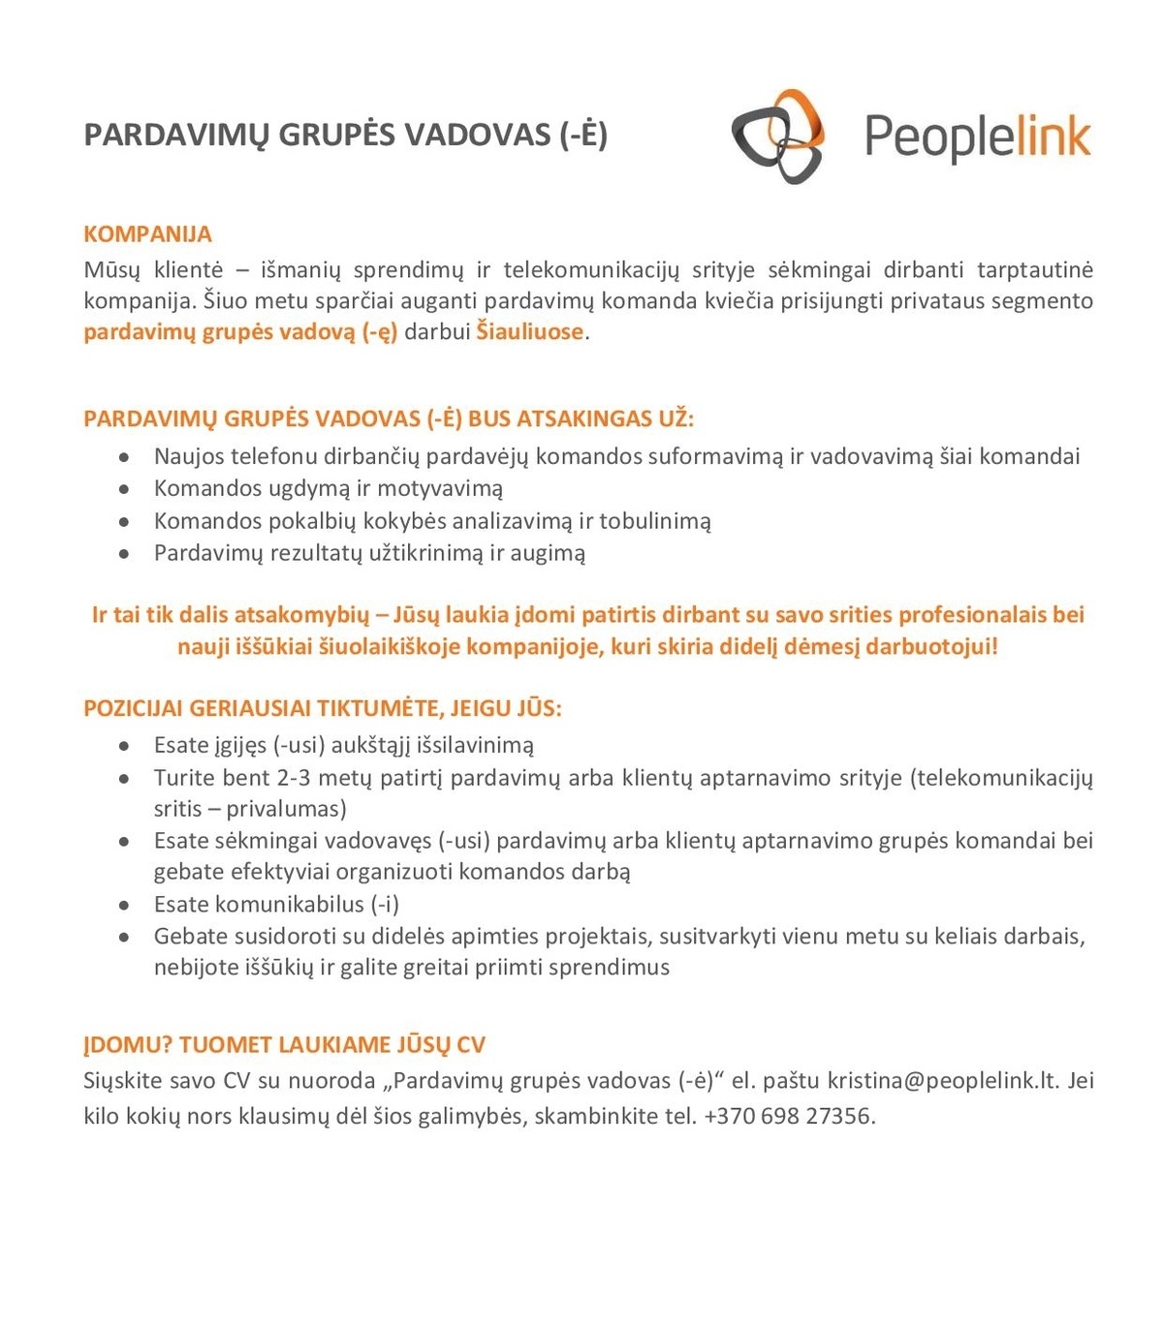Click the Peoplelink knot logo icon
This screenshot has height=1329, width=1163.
[x=778, y=136]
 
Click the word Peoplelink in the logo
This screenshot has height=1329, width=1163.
[x=977, y=137]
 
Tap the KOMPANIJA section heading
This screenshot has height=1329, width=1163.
[x=147, y=234]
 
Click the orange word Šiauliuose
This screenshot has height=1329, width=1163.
[x=530, y=332]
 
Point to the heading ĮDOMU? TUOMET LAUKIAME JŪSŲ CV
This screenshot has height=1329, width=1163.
[x=284, y=1045]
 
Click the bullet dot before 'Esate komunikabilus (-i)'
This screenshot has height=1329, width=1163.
[x=124, y=906]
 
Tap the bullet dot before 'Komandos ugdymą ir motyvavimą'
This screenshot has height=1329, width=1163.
[x=124, y=490]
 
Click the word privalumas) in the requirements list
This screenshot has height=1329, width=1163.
[x=286, y=809]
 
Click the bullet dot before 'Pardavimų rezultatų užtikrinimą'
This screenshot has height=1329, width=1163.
[x=124, y=554]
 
